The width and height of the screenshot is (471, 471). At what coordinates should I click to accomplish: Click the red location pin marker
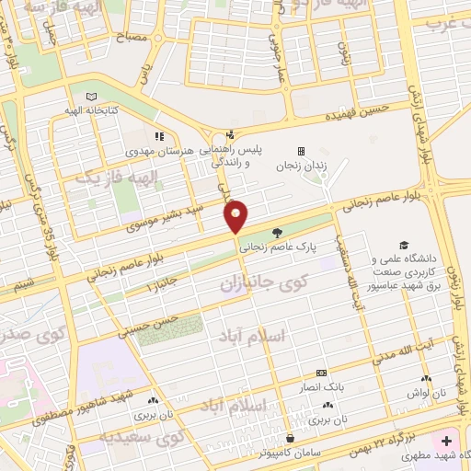(x=236, y=216)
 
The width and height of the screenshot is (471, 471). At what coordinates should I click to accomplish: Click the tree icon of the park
(x=278, y=234)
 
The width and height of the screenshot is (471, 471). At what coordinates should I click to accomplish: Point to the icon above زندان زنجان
(x=300, y=152)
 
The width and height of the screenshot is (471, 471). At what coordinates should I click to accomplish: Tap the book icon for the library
(x=90, y=97)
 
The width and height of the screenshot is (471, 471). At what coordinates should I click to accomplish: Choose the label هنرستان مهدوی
(x=159, y=149)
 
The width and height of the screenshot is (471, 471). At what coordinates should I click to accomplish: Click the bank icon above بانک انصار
(x=321, y=373)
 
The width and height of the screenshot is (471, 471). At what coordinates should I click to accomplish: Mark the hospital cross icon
(x=447, y=441)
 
